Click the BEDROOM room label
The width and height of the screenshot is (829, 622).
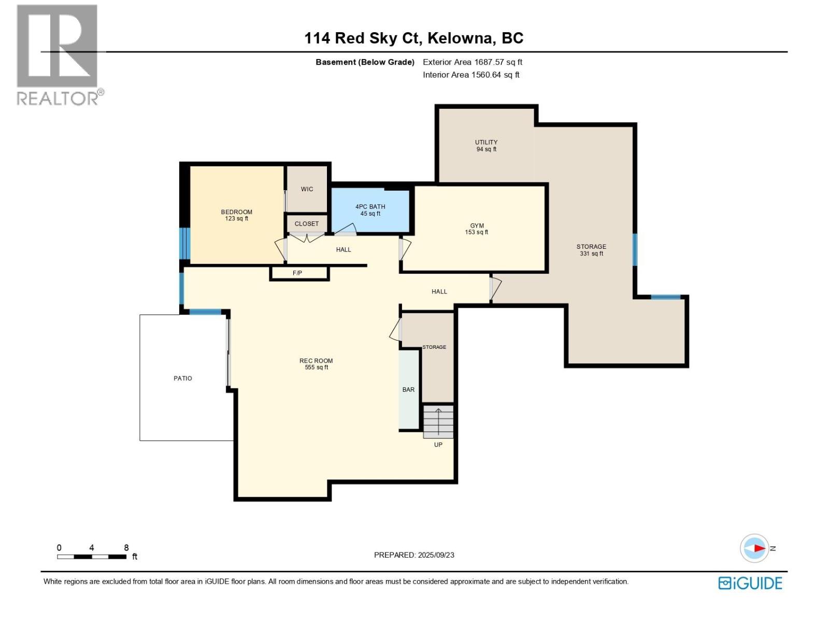pos(236,215)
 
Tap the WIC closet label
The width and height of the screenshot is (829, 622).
pos(307,189)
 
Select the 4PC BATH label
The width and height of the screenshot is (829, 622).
pos(370,210)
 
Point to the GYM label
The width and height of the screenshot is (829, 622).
pos(477,229)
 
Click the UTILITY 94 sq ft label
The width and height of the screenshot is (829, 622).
pos(486,146)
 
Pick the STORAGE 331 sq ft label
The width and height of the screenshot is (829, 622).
pos(591,250)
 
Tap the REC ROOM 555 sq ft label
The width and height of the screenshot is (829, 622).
pos(316,364)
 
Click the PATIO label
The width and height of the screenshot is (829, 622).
pos(182,378)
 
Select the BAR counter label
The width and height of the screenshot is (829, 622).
pos(408,390)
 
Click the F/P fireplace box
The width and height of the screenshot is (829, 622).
pos(298,273)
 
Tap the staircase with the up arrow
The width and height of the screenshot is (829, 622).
pos(438,421)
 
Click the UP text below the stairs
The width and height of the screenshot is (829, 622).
pos(438,445)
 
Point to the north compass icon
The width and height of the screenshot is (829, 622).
pos(754,548)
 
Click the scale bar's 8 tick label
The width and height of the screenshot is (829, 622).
pos(126,548)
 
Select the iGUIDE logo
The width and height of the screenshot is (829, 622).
pos(750,583)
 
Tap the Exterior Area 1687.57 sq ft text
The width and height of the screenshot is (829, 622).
pos(472,62)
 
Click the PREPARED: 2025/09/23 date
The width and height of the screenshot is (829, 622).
pos(414,555)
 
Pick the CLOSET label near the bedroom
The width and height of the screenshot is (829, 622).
pos(307,224)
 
